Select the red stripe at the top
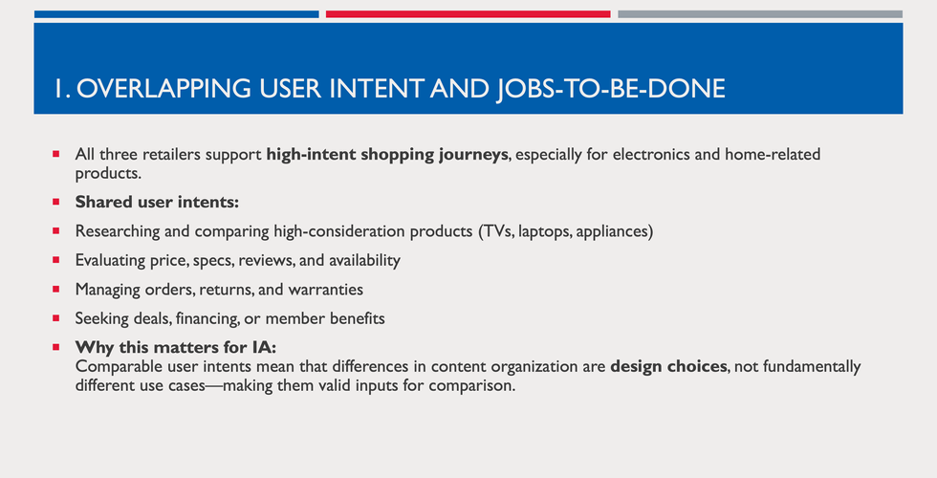(468, 14)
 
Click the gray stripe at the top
(759, 14)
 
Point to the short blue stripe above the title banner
(176, 14)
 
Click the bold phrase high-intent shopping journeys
(387, 154)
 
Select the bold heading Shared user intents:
(157, 203)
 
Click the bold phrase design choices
(668, 366)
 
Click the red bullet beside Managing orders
(56, 289)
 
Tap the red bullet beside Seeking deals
(56, 317)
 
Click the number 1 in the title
(58, 89)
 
